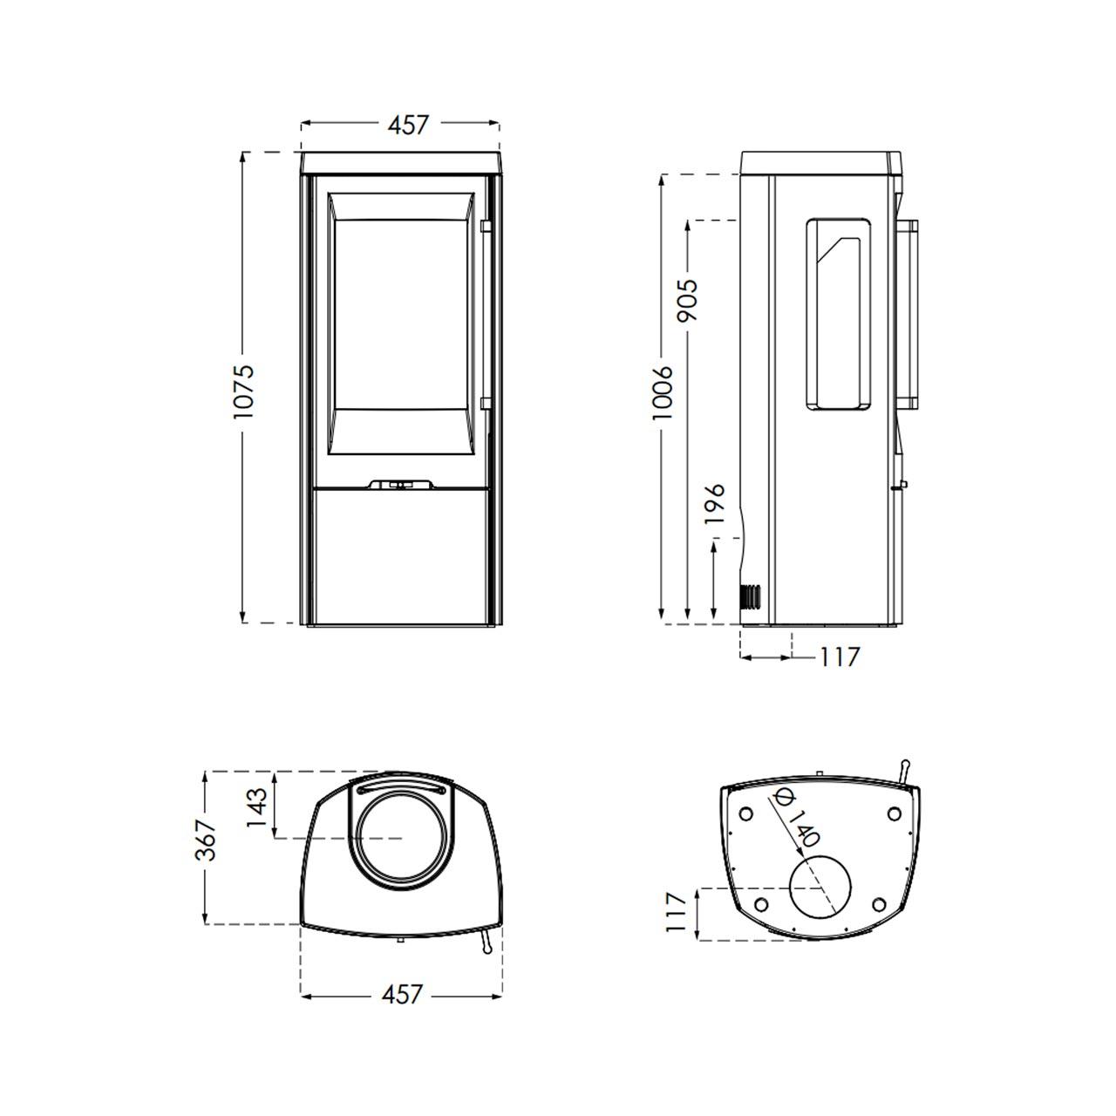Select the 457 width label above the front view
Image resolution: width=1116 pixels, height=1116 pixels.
point(408,125)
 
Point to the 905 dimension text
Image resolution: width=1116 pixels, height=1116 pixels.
point(688,301)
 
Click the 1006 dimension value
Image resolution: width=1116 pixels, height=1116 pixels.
point(662,392)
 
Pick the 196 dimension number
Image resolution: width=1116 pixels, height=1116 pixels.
point(715,503)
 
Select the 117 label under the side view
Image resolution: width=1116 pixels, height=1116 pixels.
point(840,657)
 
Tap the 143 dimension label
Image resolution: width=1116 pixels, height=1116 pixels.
point(257,807)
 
